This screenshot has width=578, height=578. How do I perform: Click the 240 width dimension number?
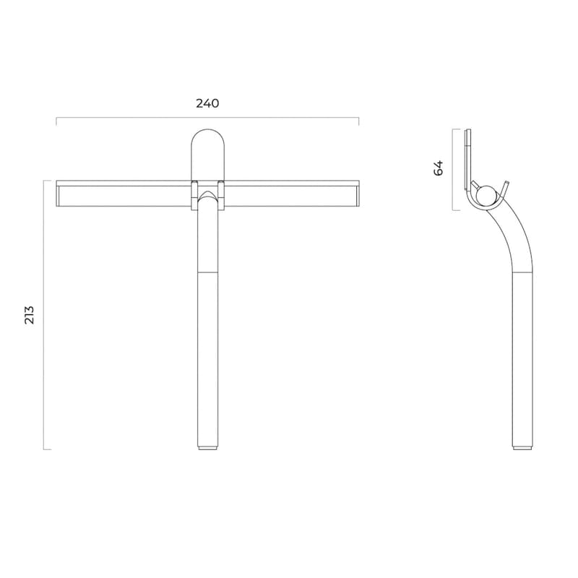tap(207, 103)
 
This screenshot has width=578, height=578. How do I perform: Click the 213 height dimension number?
tap(30, 314)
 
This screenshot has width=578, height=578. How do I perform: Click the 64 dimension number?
tap(439, 168)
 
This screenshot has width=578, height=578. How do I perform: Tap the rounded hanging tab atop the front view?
tap(207, 152)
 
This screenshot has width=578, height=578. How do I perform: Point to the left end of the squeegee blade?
tap(59, 194)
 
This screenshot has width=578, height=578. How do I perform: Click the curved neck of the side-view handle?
tap(510, 231)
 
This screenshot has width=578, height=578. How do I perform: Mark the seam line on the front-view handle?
tap(208, 272)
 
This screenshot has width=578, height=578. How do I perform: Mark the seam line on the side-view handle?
tap(523, 272)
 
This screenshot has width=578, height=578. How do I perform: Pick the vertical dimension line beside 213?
tap(44, 314)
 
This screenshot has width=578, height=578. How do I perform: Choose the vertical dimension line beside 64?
tap(453, 170)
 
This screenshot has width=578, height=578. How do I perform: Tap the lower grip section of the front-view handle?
tap(208, 361)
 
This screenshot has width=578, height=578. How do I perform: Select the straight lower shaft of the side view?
tap(523, 361)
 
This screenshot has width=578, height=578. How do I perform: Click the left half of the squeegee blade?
tap(123, 194)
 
